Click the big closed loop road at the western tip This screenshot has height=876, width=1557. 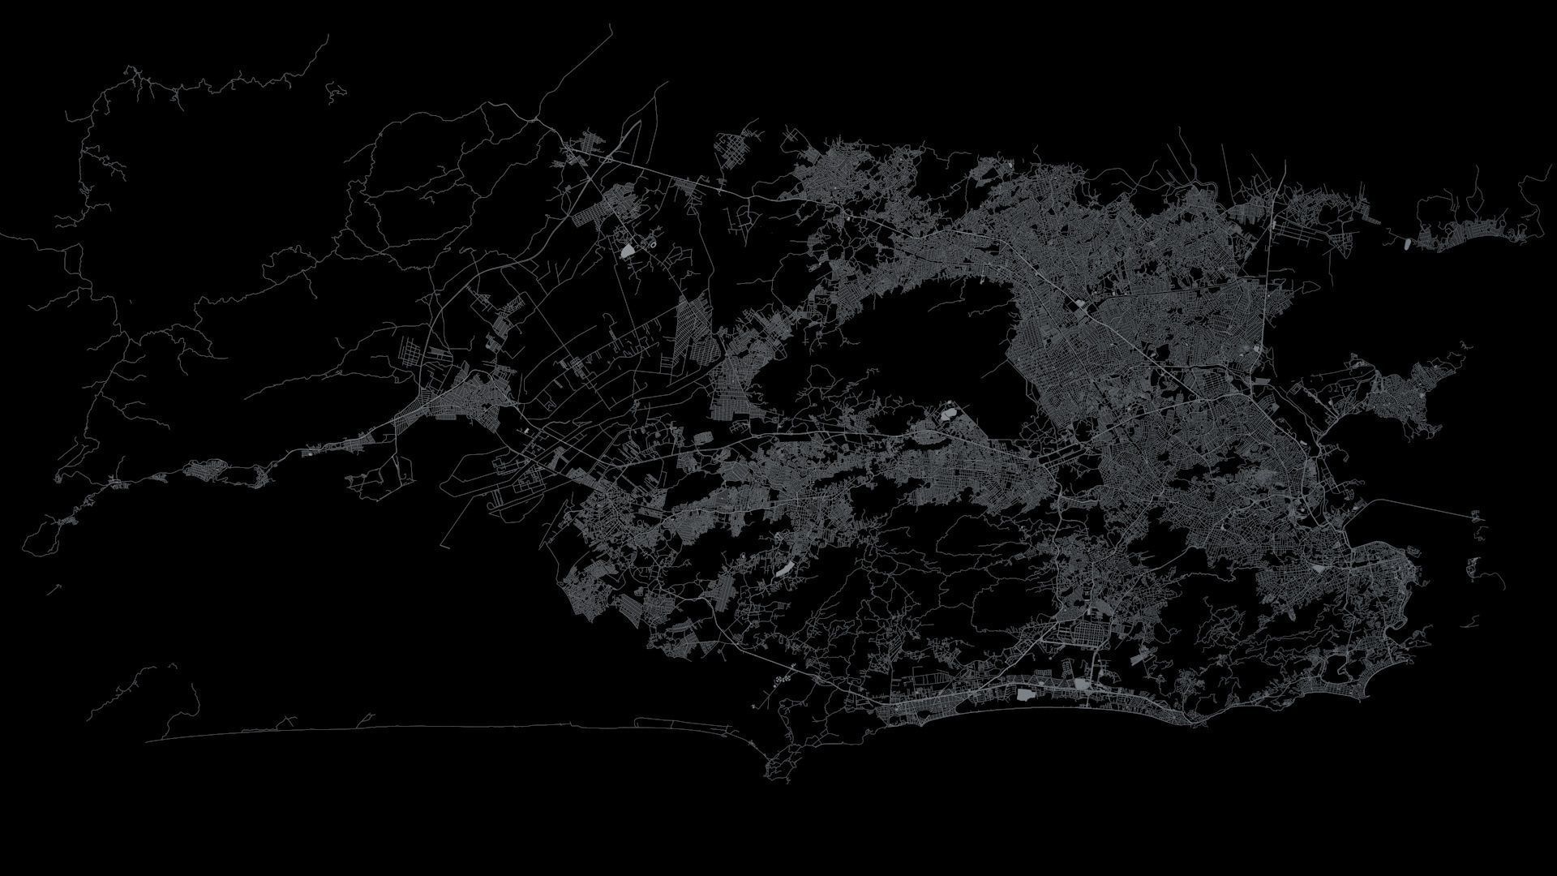(x=41, y=535)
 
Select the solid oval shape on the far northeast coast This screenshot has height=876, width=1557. (x=1406, y=242)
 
